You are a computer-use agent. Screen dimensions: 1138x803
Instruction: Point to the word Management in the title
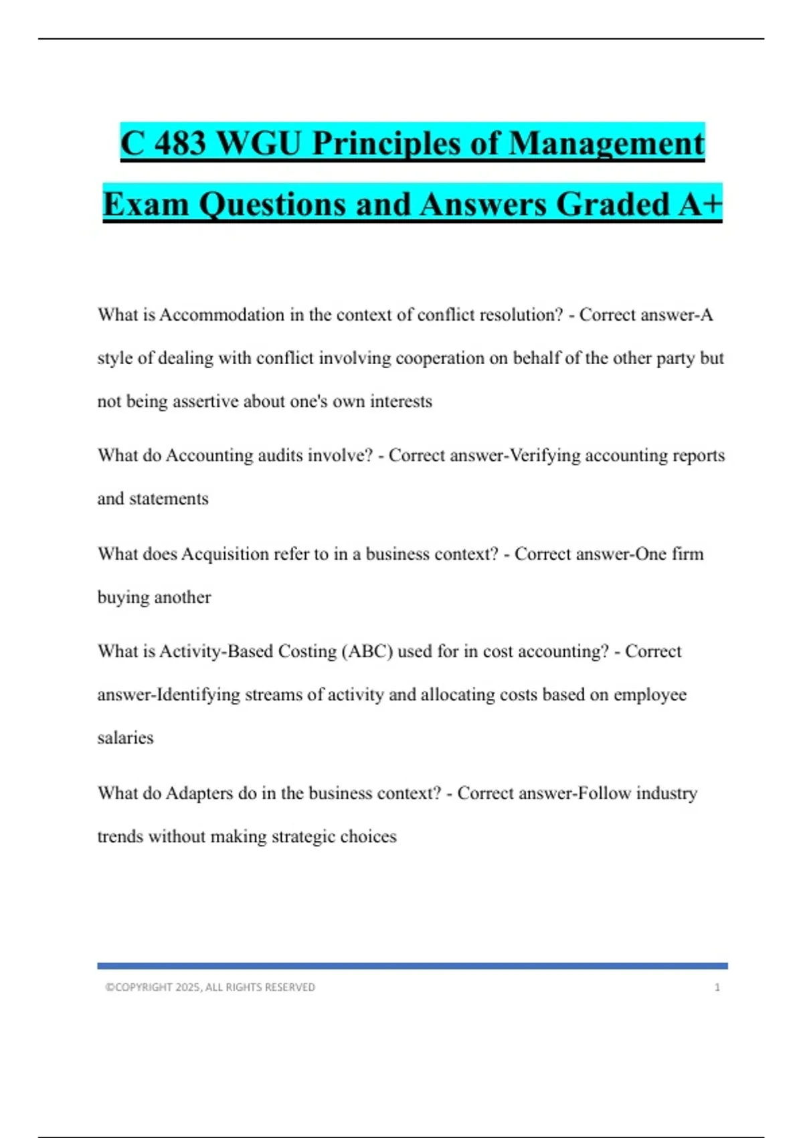[x=606, y=143]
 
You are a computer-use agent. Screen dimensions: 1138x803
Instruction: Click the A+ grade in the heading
[x=700, y=204]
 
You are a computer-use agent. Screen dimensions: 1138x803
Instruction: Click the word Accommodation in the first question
[x=221, y=315]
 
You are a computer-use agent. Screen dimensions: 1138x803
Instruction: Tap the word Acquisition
[x=225, y=554]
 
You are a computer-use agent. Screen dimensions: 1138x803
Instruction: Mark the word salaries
[x=125, y=738]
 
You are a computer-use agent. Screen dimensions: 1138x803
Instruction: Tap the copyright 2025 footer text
[x=210, y=987]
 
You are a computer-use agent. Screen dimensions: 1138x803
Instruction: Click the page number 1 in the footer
[x=717, y=987]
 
